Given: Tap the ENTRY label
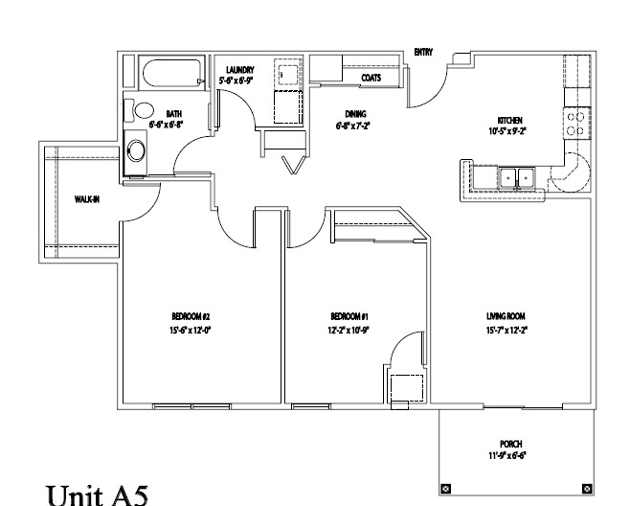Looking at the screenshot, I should (x=423, y=53).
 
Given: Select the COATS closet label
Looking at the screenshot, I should (x=372, y=78).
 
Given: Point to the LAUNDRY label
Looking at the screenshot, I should (x=238, y=69).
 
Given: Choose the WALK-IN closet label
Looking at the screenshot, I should (x=89, y=199).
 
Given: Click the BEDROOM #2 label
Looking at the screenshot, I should (x=191, y=316).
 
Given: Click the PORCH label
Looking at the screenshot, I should (x=509, y=444).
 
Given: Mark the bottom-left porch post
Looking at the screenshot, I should (x=443, y=489).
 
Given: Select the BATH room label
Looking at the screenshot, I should (x=173, y=113).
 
